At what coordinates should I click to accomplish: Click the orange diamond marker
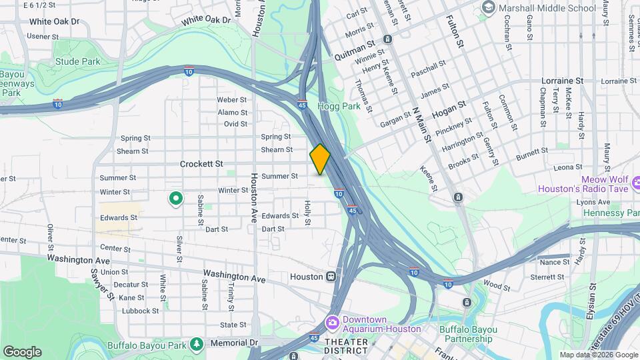point(320,159)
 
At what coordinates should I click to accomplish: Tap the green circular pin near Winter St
point(176,198)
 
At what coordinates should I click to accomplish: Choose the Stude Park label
point(78,62)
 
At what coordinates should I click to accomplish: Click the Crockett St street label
point(201,163)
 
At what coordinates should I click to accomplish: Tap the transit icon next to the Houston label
point(331,276)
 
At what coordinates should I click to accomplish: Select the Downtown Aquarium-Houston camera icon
point(331,323)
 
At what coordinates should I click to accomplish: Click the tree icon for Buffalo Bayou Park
point(197,343)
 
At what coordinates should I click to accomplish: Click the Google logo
point(22,351)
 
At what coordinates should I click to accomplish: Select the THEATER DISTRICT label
point(345,347)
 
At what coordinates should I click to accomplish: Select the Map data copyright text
point(599,355)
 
